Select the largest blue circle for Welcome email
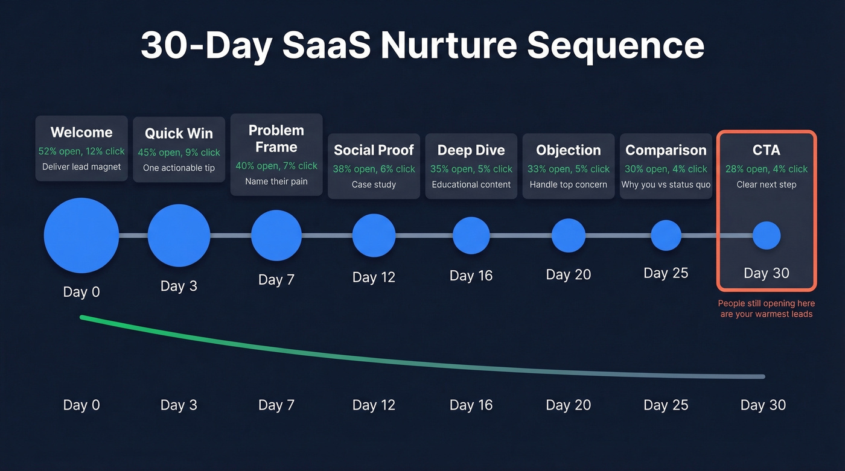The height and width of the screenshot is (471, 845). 81,235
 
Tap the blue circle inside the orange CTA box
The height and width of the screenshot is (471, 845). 767,235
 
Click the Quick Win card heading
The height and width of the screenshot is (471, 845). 179,134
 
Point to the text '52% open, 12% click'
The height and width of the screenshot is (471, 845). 81,151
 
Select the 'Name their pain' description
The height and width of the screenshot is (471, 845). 276,182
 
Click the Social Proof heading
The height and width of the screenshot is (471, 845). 374,150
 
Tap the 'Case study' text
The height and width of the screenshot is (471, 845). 374,185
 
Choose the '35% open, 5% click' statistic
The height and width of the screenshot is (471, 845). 471,169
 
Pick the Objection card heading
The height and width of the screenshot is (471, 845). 569,150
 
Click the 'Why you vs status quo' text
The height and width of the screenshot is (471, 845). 666,185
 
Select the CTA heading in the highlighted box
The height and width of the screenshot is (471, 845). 767,150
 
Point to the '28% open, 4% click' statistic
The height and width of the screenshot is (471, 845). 767,169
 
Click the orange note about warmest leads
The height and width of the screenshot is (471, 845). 767,309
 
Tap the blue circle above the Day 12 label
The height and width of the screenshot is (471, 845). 374,235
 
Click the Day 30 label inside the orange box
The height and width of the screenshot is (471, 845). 767,273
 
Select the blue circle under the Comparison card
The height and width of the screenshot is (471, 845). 666,235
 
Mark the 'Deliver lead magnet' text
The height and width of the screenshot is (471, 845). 81,167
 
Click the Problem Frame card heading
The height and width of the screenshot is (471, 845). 276,139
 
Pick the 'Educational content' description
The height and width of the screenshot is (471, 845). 471,185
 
